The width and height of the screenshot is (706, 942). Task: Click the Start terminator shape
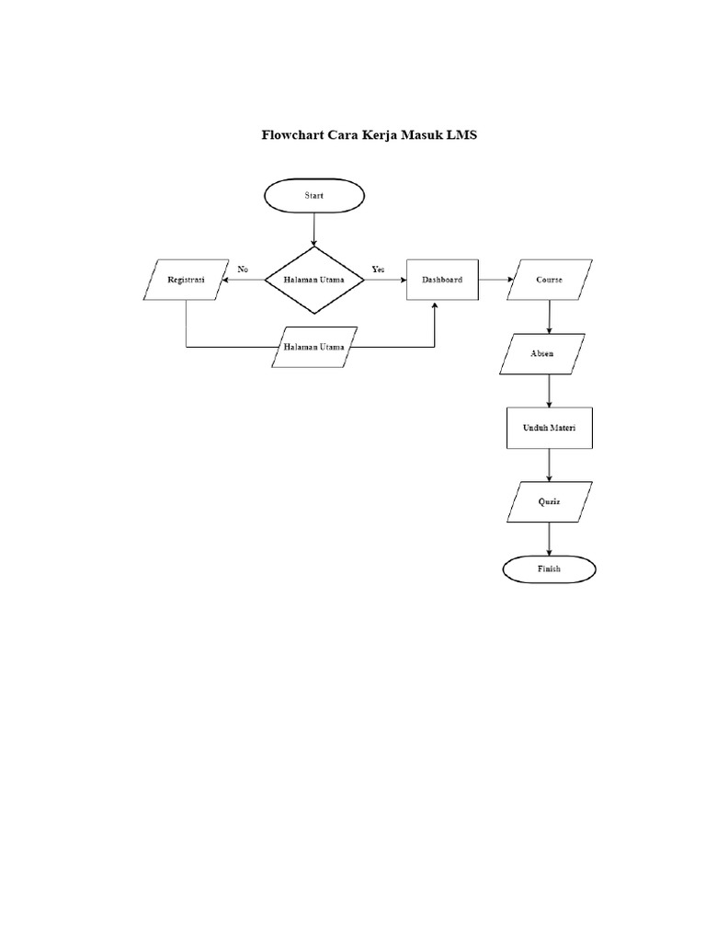point(314,195)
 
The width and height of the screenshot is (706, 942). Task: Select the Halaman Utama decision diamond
point(314,279)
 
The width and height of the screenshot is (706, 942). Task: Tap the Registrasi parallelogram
point(187,279)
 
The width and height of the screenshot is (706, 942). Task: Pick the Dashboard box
point(442,279)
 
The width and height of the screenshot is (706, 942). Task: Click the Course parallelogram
point(550,280)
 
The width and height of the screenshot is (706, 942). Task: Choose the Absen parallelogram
point(542,354)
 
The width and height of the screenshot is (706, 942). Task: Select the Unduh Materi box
point(549,429)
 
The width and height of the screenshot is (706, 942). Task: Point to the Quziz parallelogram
point(549,503)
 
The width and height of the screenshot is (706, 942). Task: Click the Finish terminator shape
point(549,569)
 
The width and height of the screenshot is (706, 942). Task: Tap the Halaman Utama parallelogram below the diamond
point(314,347)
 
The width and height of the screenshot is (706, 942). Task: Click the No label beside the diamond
point(243,269)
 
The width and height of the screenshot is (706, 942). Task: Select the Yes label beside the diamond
point(378,269)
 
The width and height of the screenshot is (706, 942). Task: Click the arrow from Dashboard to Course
point(494,279)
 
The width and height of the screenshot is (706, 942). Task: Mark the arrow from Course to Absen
point(550,317)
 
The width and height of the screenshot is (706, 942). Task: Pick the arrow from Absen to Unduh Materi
point(550,391)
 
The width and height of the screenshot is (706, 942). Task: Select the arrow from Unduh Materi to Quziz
point(550,465)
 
